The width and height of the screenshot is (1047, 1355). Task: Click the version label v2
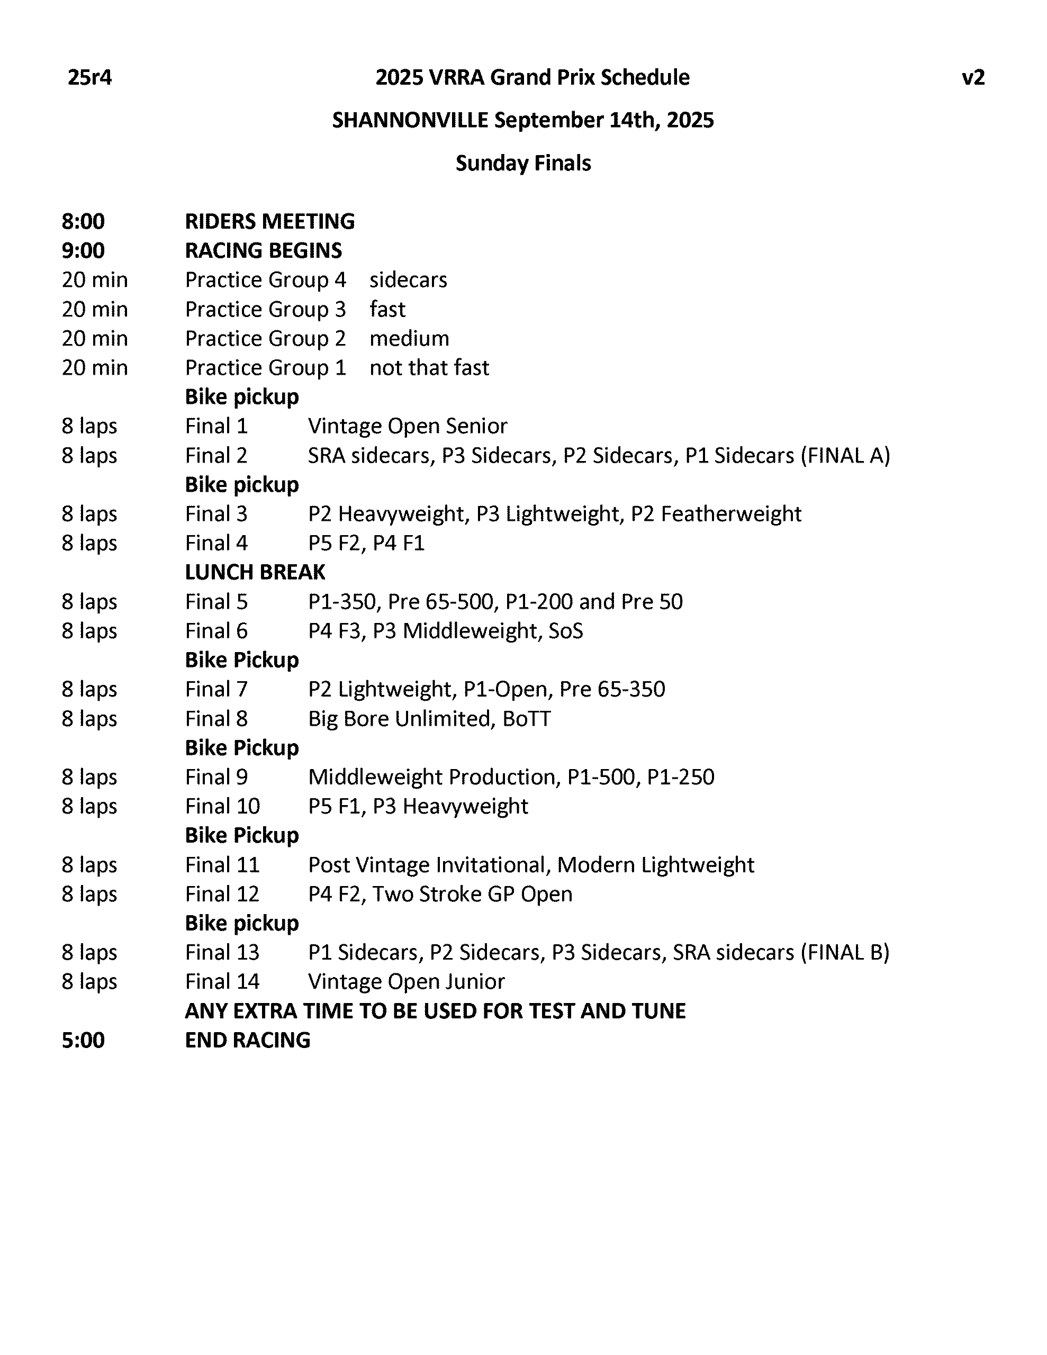point(972,78)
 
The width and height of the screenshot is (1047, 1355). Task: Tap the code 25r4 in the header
point(89,78)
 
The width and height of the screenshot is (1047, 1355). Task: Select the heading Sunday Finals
point(523,163)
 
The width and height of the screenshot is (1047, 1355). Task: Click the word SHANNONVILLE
point(410,120)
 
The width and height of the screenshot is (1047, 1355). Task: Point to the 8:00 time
point(83,221)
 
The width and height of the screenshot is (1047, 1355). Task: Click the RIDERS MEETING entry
point(270,221)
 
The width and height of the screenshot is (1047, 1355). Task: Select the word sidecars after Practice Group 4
point(408,280)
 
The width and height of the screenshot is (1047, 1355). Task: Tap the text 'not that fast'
point(429,368)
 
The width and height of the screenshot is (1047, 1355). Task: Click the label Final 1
point(216,426)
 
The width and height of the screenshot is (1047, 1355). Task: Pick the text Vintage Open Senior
point(407,426)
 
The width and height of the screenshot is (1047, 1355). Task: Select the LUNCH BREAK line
point(255,572)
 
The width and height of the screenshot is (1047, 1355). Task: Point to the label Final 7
point(216,689)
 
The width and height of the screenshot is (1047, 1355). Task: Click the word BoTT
point(526,718)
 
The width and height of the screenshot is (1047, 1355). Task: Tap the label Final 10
point(222,806)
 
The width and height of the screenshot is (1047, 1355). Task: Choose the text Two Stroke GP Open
point(472,894)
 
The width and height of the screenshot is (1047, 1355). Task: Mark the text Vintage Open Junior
point(406,981)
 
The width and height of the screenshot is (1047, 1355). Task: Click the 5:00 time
point(83,1040)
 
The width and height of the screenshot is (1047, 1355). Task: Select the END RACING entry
point(248,1040)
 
